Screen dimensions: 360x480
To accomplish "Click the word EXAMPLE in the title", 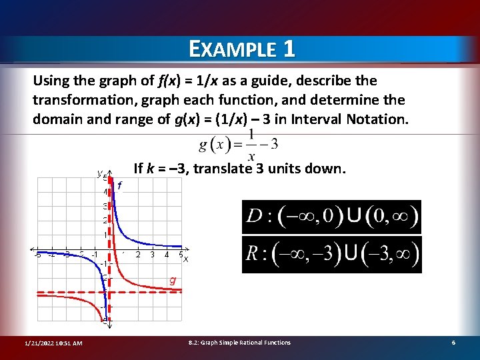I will [231, 49].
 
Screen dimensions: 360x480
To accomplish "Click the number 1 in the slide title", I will [288, 49].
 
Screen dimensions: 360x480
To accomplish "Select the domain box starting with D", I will [331, 217].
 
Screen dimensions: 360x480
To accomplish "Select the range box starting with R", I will [331, 254].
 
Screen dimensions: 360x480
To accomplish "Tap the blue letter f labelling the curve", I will [119, 187].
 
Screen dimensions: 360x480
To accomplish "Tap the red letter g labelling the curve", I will [172, 281].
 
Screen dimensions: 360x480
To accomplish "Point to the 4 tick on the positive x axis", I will [167, 254].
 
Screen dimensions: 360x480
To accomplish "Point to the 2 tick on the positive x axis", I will [138, 254].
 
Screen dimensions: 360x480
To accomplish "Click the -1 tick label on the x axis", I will [95, 254].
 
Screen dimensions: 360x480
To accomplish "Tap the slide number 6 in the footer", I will [453, 343].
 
